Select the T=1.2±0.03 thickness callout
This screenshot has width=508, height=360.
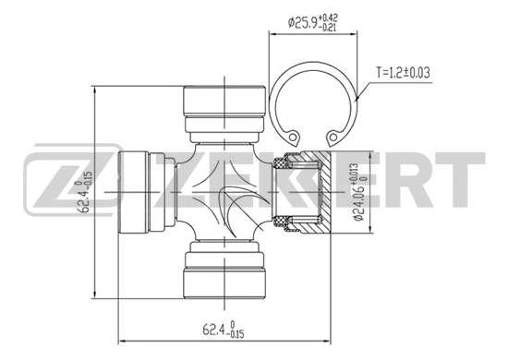click(x=403, y=73)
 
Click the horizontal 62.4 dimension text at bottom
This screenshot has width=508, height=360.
click(x=224, y=330)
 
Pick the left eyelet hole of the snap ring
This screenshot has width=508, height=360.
click(x=293, y=137)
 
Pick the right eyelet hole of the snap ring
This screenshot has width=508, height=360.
click(x=333, y=137)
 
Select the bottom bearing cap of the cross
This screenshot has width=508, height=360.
click(x=224, y=270)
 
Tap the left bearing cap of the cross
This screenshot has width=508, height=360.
click(x=147, y=192)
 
